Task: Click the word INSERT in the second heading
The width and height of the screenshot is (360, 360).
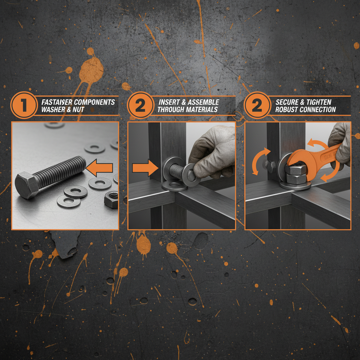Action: point(170,102)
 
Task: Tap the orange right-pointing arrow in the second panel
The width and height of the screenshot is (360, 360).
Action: point(145,169)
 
